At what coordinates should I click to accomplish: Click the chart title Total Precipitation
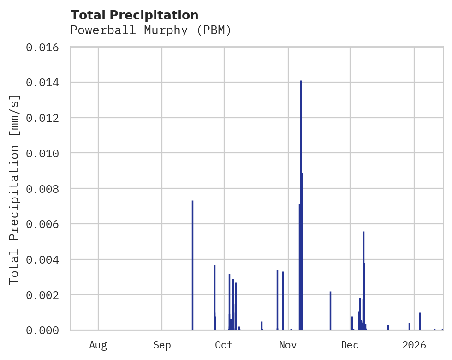(134, 15)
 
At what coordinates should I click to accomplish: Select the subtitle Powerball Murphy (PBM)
(150, 30)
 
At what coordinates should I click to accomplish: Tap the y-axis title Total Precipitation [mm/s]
(15, 189)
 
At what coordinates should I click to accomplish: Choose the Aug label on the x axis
(98, 345)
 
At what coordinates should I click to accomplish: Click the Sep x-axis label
(162, 345)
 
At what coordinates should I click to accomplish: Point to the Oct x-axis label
(224, 345)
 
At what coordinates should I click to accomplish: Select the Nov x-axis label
(287, 345)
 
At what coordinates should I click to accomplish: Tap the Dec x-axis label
(350, 345)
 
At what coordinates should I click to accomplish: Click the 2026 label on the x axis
(414, 345)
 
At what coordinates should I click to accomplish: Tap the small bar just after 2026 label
(420, 321)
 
